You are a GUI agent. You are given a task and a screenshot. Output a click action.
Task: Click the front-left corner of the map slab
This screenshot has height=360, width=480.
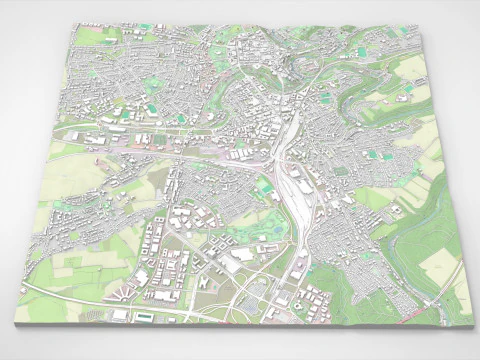coord(16,322)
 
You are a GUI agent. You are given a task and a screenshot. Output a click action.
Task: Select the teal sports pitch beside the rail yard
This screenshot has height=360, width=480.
coord(264,185)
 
